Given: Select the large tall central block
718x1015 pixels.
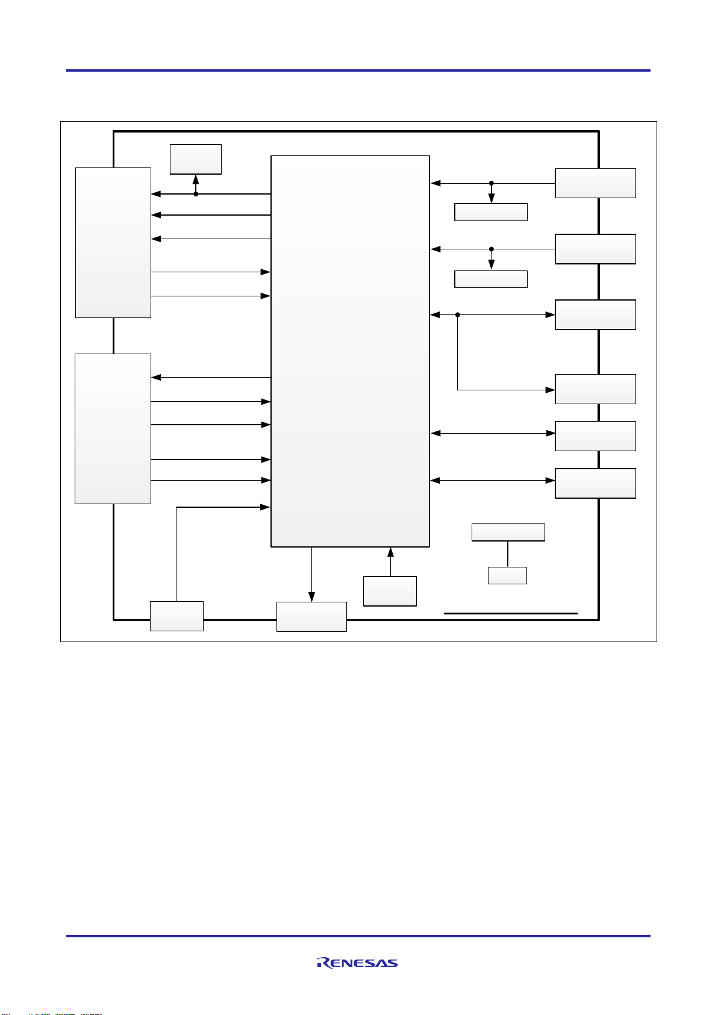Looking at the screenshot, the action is [x=350, y=351].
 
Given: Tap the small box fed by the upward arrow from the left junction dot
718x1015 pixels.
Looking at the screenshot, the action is [x=196, y=159].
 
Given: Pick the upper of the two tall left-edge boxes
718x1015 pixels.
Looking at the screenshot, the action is [x=113, y=242].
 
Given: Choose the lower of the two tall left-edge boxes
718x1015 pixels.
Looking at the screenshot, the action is [x=113, y=428].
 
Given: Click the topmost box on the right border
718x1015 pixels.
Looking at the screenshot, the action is [x=595, y=183].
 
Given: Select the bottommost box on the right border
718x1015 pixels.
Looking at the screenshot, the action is [x=595, y=483].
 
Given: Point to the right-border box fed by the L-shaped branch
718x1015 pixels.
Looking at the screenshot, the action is [x=595, y=389].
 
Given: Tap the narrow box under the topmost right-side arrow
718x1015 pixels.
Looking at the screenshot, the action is [x=491, y=212].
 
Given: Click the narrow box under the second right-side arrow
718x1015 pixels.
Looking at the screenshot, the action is [x=491, y=279].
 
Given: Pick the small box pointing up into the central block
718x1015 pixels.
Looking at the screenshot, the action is [x=390, y=591].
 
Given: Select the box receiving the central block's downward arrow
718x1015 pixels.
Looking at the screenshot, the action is [x=311, y=616].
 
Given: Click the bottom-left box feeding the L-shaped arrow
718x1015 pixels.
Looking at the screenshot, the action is [x=176, y=616].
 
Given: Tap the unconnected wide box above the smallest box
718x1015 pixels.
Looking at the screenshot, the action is [x=508, y=532].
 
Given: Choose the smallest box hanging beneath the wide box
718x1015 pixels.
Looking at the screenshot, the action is [x=507, y=575].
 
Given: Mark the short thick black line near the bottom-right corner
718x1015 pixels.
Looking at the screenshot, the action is [x=511, y=613].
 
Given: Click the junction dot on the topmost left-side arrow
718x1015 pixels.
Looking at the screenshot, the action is [x=196, y=194].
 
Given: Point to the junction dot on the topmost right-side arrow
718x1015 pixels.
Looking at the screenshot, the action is [x=492, y=183].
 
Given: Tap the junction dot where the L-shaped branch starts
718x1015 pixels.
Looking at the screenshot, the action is [x=458, y=314].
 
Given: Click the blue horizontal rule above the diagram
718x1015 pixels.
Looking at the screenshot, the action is [x=358, y=70].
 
